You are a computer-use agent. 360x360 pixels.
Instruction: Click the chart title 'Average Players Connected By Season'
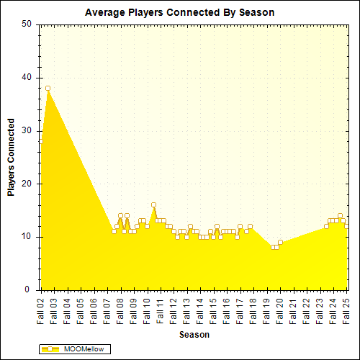click(x=179, y=12)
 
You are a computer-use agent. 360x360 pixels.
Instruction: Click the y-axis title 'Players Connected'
click(x=11, y=157)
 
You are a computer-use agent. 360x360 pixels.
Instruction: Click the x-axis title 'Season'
click(x=194, y=336)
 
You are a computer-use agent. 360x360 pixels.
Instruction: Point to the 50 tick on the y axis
click(x=27, y=24)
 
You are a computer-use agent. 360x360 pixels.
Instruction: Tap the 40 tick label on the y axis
click(x=27, y=77)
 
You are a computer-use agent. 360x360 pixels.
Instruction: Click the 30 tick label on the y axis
click(x=27, y=130)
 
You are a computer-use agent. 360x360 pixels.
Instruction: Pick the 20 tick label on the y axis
click(x=27, y=184)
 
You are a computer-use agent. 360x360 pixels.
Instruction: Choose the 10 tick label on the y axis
click(x=27, y=237)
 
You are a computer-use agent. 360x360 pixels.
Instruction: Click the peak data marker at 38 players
click(x=48, y=88)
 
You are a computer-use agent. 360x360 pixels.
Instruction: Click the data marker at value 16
click(x=153, y=205)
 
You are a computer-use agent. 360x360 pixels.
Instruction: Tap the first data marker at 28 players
click(x=41, y=141)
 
